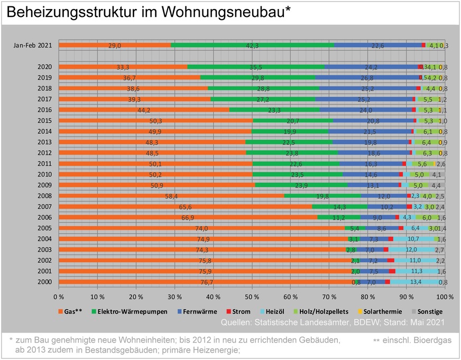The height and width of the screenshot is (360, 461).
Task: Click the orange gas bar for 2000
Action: [206, 282]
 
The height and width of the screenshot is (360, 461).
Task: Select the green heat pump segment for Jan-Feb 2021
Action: [252, 45]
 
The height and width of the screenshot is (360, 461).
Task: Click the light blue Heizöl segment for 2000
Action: [416, 282]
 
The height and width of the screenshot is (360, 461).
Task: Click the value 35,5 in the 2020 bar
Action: [256, 67]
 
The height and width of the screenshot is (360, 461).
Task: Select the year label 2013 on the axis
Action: [44, 142]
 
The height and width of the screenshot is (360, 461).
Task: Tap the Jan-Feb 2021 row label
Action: [33, 45]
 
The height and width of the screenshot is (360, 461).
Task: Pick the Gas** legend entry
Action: [70, 311]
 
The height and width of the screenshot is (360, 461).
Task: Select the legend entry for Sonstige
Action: [429, 311]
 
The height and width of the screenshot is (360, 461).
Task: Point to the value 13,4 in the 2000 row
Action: [416, 282]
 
